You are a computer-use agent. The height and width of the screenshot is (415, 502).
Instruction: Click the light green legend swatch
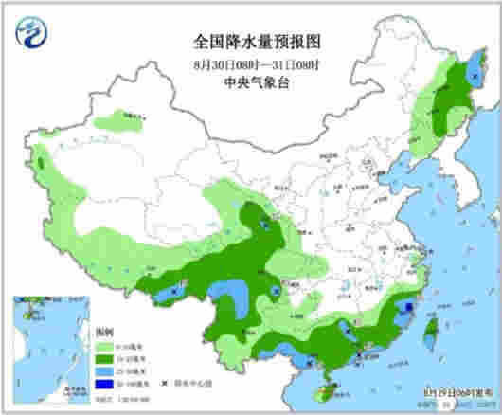pos(104,348)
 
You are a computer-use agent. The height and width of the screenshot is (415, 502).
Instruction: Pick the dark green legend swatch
pos(104,360)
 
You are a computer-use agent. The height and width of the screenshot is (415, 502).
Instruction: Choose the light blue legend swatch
pos(104,372)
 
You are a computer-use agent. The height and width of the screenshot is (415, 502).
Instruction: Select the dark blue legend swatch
pos(104,385)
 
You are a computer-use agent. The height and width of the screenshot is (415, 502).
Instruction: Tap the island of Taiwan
pos(428,329)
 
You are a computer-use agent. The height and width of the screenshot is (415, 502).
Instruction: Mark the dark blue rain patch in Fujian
pos(409,308)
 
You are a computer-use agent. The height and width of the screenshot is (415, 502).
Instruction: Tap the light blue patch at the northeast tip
pos(471,81)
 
